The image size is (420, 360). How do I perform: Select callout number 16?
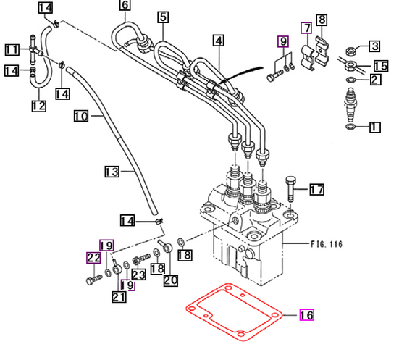pyautogui.click(x=306, y=315)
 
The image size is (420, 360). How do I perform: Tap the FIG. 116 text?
pyautogui.click(x=325, y=245)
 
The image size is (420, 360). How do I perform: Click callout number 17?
pyautogui.click(x=316, y=191)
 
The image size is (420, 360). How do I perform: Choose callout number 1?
pyautogui.click(x=374, y=127)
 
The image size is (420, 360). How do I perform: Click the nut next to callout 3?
pyautogui.click(x=350, y=51)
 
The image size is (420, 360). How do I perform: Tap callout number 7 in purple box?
pyautogui.click(x=306, y=28)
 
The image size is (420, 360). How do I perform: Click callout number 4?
pyautogui.click(x=218, y=41)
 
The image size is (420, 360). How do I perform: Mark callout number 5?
pyautogui.click(x=163, y=17)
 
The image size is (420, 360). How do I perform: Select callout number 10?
pyautogui.click(x=80, y=116)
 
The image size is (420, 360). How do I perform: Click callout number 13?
pyautogui.click(x=111, y=172)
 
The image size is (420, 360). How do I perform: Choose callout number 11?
pyautogui.click(x=12, y=50)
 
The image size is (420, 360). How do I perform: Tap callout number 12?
pyautogui.click(x=38, y=106)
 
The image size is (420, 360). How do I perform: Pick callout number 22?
pyautogui.click(x=93, y=257)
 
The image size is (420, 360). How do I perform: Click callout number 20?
pyautogui.click(x=170, y=280)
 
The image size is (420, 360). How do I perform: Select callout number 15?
pyautogui.click(x=380, y=66)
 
